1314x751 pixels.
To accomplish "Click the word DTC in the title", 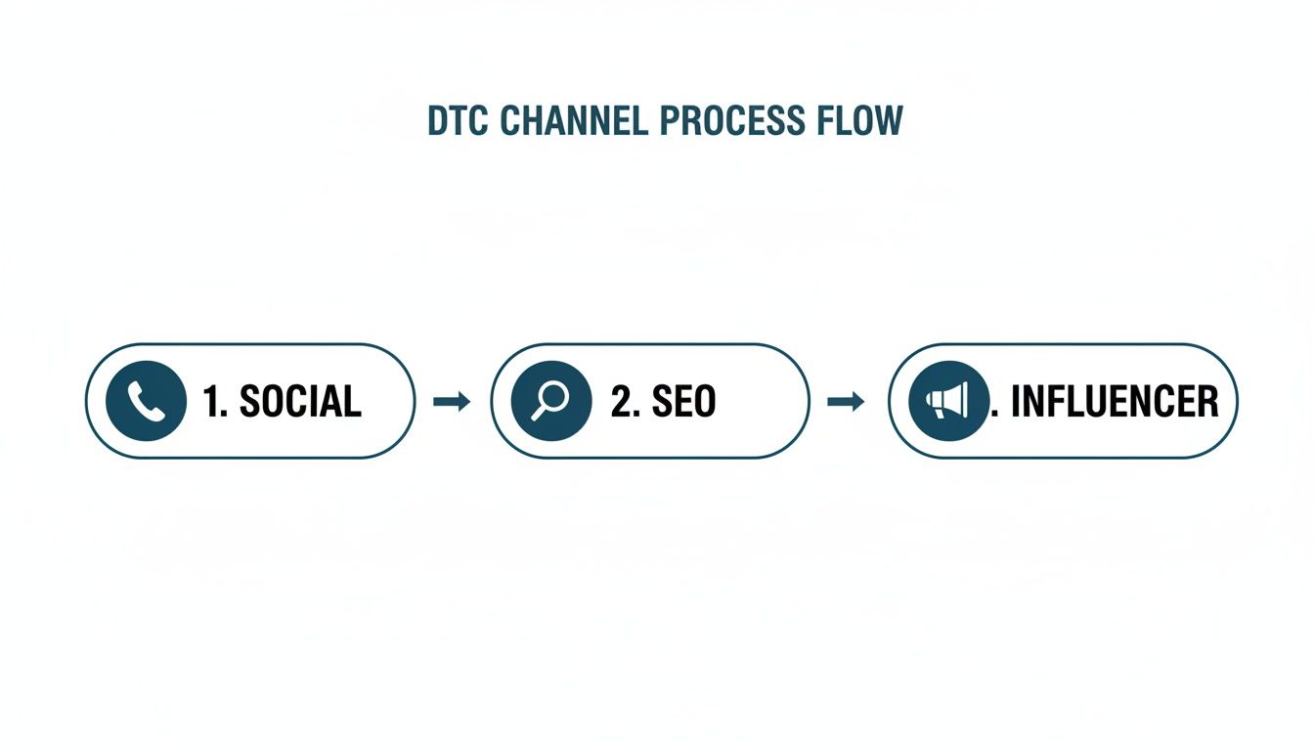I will pos(459,120).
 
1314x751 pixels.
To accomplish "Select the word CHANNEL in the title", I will pos(573,120).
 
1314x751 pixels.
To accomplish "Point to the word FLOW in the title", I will pos(859,120).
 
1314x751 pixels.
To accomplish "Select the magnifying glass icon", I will pos(550,401).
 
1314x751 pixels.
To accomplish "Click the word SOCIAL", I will pos(299,401).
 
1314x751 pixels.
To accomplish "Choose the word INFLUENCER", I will pos(1115,401).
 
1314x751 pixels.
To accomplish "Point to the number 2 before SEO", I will pos(619,401).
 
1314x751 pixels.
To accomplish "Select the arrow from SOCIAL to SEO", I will pos(452,401).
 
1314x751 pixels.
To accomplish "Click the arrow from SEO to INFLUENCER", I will pos(847,401).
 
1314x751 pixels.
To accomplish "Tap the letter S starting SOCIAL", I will pos(249,401).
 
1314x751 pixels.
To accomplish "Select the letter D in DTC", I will pos(438,120).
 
